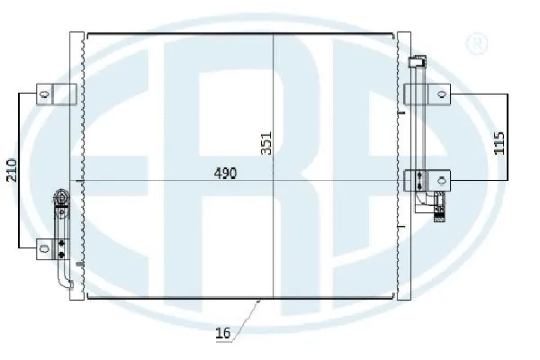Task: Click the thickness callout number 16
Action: point(223,334)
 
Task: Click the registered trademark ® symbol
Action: point(478,43)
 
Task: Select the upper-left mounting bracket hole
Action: point(41,93)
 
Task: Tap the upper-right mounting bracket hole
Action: point(441,93)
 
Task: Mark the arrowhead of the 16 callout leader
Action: point(258,301)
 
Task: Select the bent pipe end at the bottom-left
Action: point(68,284)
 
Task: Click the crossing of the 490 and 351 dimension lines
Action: point(274,182)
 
